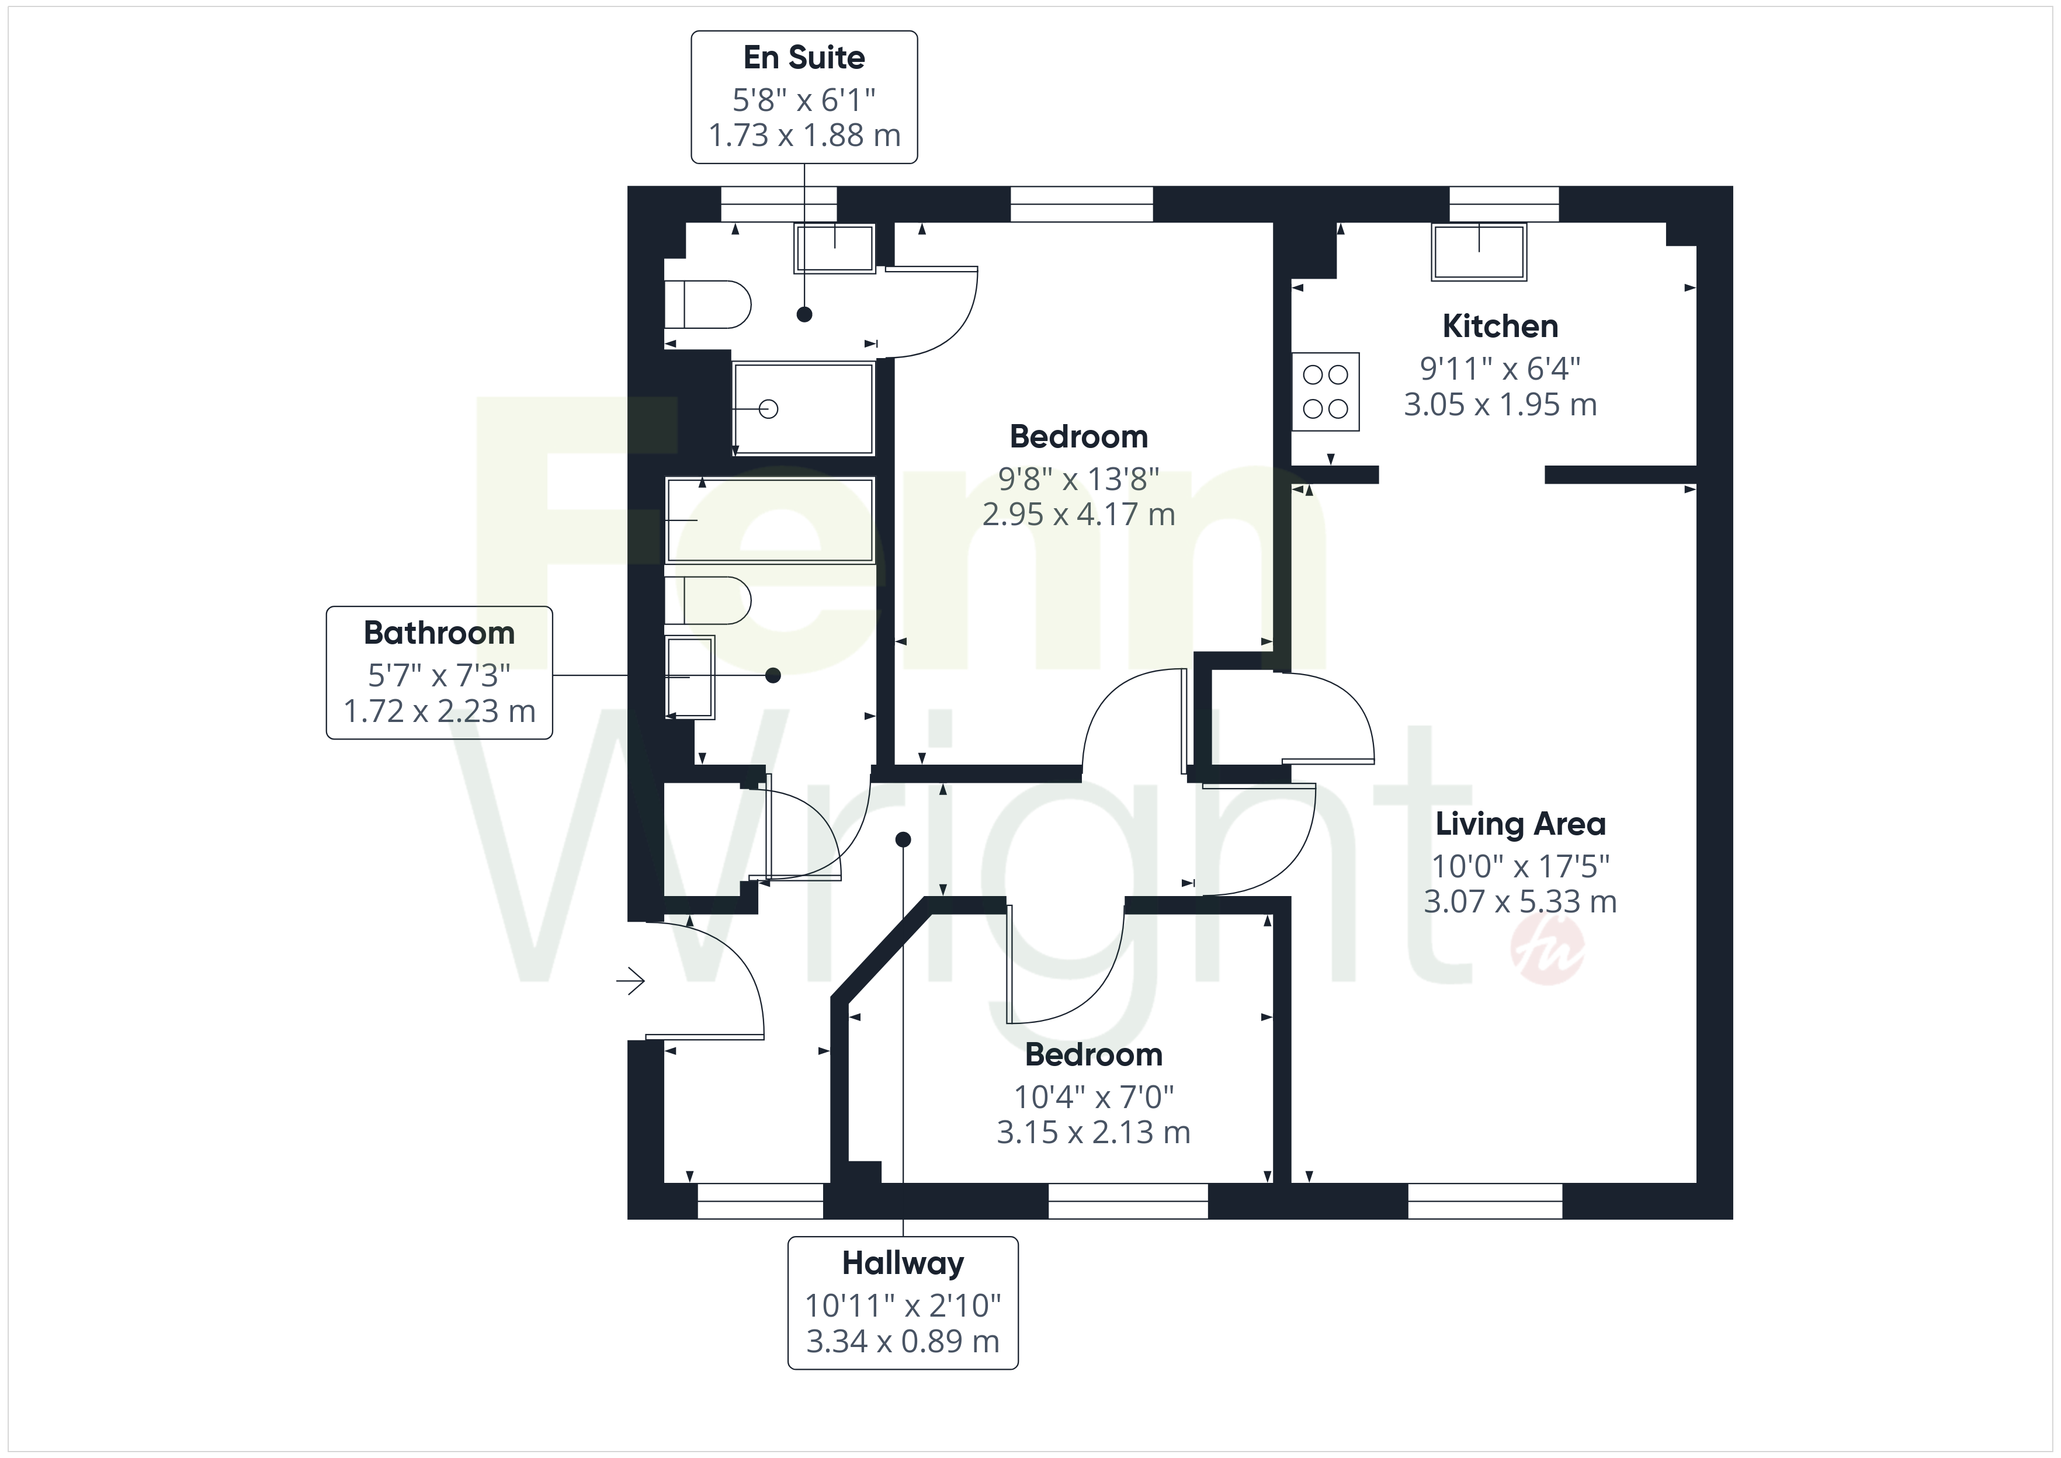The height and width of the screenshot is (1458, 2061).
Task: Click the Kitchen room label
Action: pyautogui.click(x=1500, y=326)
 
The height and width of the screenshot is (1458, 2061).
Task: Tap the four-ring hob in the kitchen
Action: pyautogui.click(x=1326, y=391)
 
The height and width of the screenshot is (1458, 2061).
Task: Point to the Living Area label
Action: pyautogui.click(x=1519, y=823)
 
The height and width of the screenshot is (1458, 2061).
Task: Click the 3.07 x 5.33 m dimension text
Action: pyautogui.click(x=1519, y=901)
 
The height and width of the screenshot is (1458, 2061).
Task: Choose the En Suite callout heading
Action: pyautogui.click(x=804, y=57)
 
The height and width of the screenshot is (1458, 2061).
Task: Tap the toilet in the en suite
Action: pyautogui.click(x=707, y=304)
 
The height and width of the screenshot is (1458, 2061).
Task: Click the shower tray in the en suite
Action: pyautogui.click(x=803, y=408)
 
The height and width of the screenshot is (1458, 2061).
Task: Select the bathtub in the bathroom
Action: pyautogui.click(x=770, y=520)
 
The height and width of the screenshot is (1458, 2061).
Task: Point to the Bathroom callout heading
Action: pyautogui.click(x=439, y=633)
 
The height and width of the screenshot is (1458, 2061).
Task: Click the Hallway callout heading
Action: pyautogui.click(x=903, y=1263)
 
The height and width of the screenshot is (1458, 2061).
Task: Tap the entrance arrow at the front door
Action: pyautogui.click(x=630, y=981)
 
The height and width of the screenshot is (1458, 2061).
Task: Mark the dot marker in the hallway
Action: pyautogui.click(x=903, y=839)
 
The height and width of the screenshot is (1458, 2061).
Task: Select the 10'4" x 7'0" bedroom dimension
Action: pyautogui.click(x=1094, y=1096)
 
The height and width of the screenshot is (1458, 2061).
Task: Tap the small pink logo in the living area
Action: pyautogui.click(x=1549, y=953)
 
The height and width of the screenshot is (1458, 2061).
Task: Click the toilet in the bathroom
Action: pyautogui.click(x=707, y=600)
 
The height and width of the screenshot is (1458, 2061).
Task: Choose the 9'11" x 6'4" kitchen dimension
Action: pyautogui.click(x=1500, y=368)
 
